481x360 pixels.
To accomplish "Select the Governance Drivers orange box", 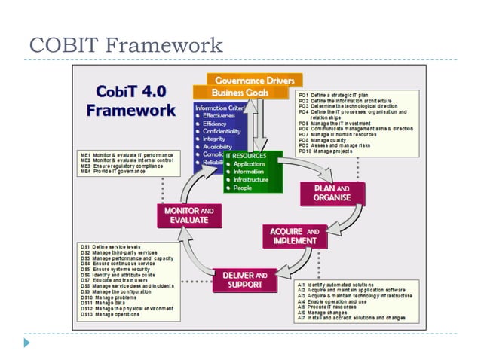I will (x=249, y=80).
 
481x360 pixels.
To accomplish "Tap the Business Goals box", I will (x=240, y=92).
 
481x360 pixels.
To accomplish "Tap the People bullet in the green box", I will (x=244, y=188).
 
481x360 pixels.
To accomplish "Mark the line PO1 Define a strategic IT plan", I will (x=333, y=96).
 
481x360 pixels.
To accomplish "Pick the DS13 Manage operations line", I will (x=110, y=314).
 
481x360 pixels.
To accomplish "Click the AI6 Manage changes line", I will (x=326, y=312).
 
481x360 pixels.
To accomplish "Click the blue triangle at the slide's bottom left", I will (x=27, y=343).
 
